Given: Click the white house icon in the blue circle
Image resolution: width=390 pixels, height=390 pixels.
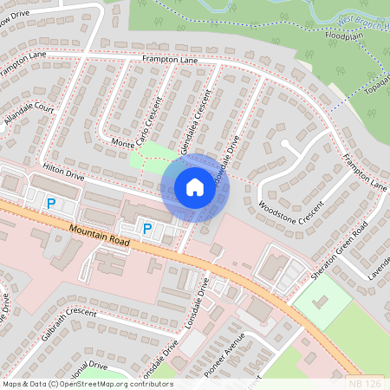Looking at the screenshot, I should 195,187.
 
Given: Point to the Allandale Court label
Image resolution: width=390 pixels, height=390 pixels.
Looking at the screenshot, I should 29,120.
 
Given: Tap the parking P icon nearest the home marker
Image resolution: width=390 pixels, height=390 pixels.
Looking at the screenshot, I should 147,229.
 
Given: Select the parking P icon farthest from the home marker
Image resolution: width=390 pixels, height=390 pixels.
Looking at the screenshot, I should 51,204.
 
